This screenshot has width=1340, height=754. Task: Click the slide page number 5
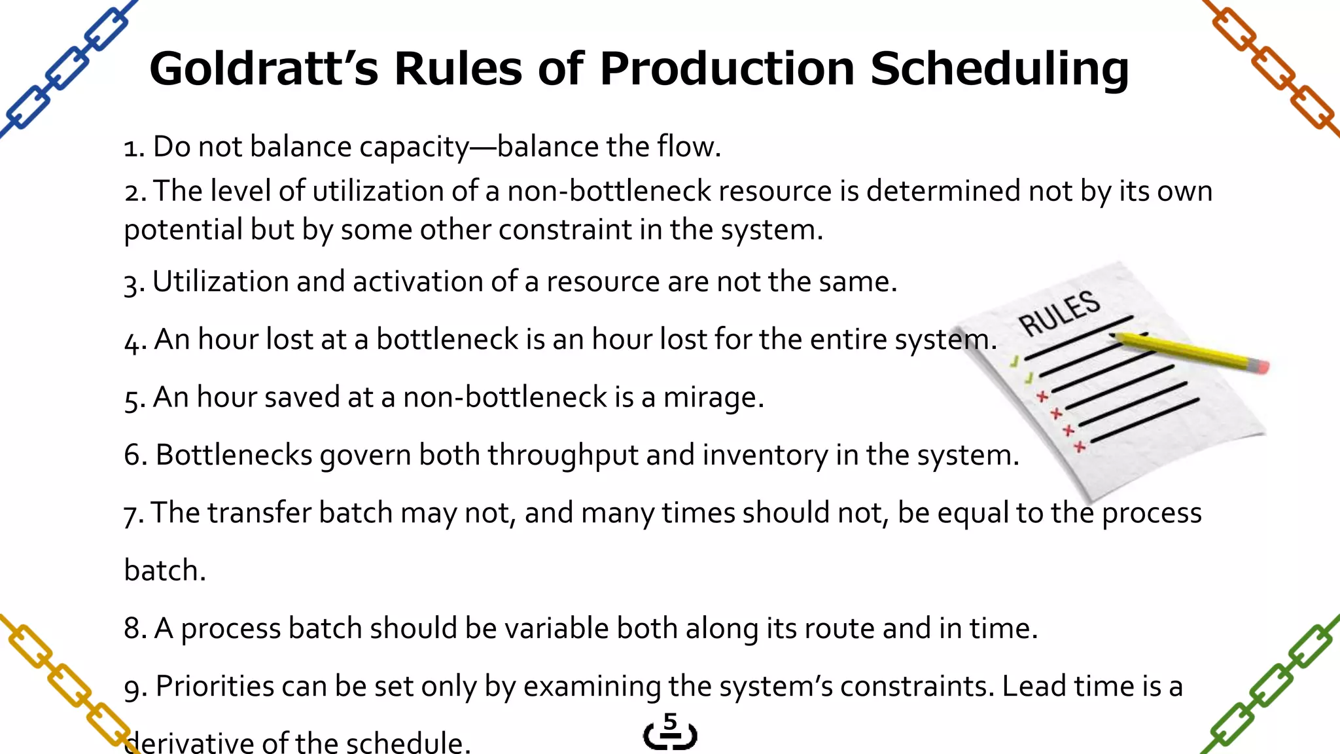670,723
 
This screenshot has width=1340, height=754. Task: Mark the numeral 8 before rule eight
132,628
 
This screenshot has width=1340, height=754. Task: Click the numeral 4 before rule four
132,340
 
